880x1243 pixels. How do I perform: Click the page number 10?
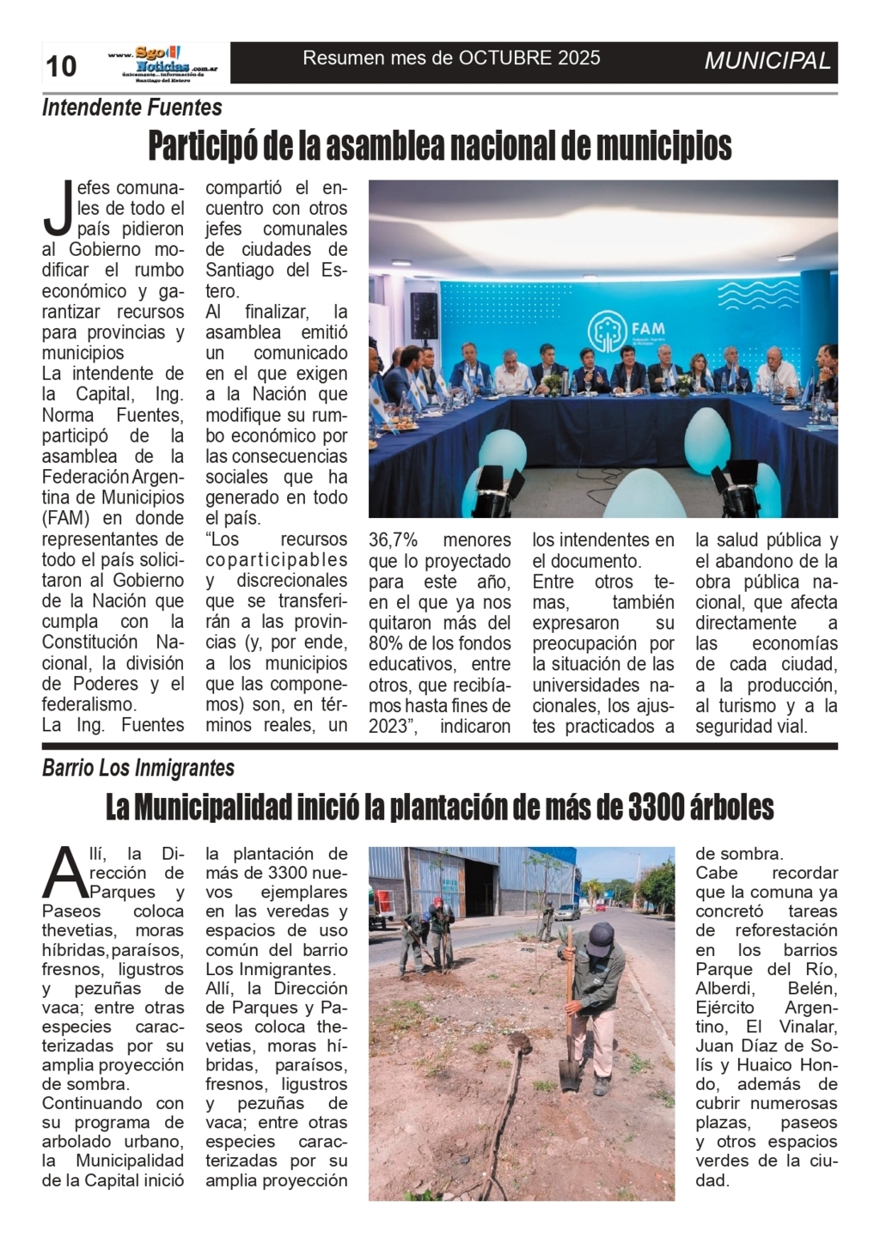pos(61,66)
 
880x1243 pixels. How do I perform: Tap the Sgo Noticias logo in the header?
pos(162,62)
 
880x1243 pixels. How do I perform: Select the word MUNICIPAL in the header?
pos(767,61)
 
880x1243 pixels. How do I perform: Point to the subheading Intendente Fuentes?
pos(131,107)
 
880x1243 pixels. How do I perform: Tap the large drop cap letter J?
pos(58,209)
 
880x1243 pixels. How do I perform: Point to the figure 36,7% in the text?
pos(393,540)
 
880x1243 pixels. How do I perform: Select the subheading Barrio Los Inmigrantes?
pos(138,767)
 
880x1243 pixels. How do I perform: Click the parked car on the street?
pos(567,911)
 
